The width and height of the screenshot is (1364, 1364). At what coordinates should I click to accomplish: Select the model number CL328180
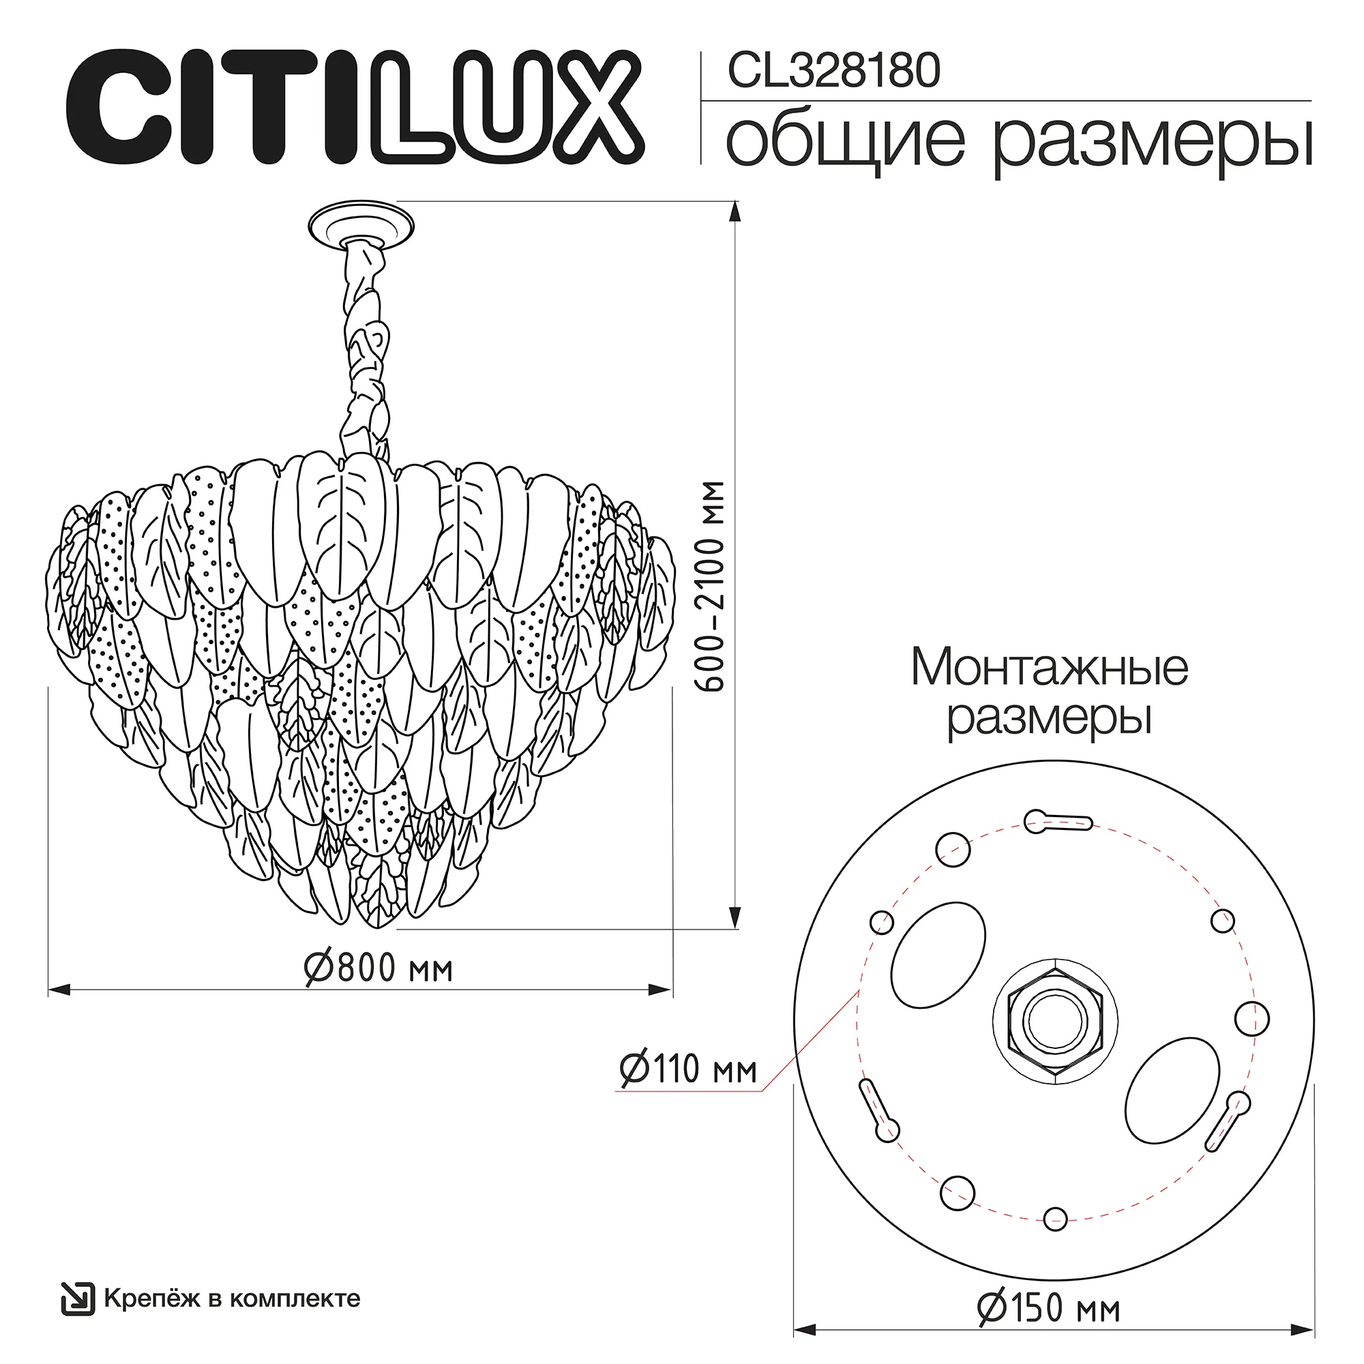(x=833, y=72)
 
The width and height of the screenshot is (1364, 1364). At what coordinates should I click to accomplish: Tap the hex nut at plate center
(x=1055, y=1020)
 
